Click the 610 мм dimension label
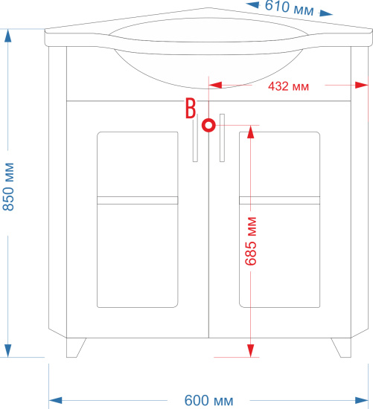pyautogui.click(x=289, y=8)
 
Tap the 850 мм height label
pyautogui.click(x=9, y=187)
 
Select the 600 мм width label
pyautogui.click(x=208, y=400)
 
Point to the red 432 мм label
pyautogui.click(x=288, y=86)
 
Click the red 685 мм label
pyautogui.click(x=251, y=241)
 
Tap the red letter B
pyautogui.click(x=191, y=108)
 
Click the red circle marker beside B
pyautogui.click(x=208, y=125)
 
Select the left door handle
pyautogui.click(x=195, y=138)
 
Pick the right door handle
pyautogui.click(x=222, y=138)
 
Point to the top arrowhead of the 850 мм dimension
pyautogui.click(x=8, y=36)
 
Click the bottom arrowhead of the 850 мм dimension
pyautogui.click(x=8, y=350)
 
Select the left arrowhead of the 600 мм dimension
pyautogui.click(x=56, y=400)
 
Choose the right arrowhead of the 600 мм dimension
pyautogui.click(x=362, y=400)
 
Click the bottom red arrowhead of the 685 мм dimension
pyautogui.click(x=251, y=350)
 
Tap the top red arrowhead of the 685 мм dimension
pyautogui.click(x=251, y=132)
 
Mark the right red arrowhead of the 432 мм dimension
pyautogui.click(x=362, y=85)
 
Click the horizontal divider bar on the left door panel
pyautogui.click(x=138, y=200)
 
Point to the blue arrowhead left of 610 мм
pyautogui.click(x=252, y=4)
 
